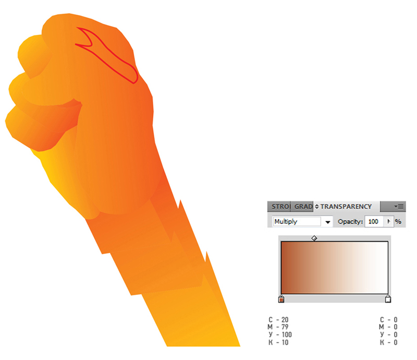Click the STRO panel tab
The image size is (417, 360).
pyautogui.click(x=279, y=207)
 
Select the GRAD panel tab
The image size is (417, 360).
pyautogui.click(x=302, y=207)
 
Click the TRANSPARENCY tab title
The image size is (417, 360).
pyautogui.click(x=346, y=207)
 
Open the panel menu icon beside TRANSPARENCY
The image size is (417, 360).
pyautogui.click(x=399, y=207)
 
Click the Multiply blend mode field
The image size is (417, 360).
pyautogui.click(x=297, y=222)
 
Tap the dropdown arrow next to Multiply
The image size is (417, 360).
pyautogui.click(x=328, y=222)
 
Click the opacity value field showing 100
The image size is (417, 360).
pyautogui.click(x=374, y=222)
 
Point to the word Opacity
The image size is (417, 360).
pyautogui.click(x=350, y=222)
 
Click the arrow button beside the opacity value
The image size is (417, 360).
pyautogui.click(x=389, y=222)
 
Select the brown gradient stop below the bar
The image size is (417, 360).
pyautogui.click(x=281, y=299)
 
